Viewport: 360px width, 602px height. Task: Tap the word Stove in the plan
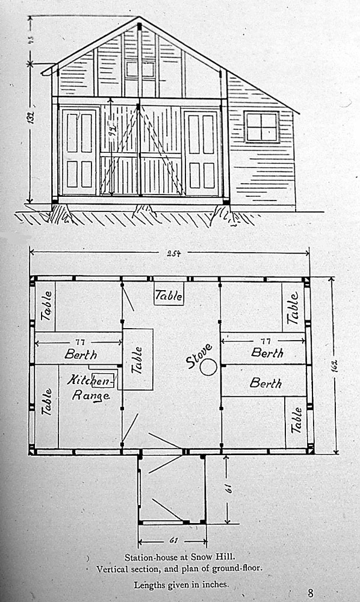tap(199, 356)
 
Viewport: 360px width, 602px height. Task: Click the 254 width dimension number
tap(173, 253)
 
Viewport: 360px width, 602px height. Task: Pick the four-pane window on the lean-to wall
tap(261, 126)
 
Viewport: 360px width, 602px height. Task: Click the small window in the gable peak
tap(140, 69)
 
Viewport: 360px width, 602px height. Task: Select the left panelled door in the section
tap(79, 152)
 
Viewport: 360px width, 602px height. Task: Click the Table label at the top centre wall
tap(169, 295)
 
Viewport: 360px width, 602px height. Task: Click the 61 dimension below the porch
tap(173, 541)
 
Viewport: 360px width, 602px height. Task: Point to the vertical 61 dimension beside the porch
tap(229, 488)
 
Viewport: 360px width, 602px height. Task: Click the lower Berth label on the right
tap(265, 383)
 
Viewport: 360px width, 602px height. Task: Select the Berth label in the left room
tap(81, 354)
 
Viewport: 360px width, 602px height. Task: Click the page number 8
tap(310, 593)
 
